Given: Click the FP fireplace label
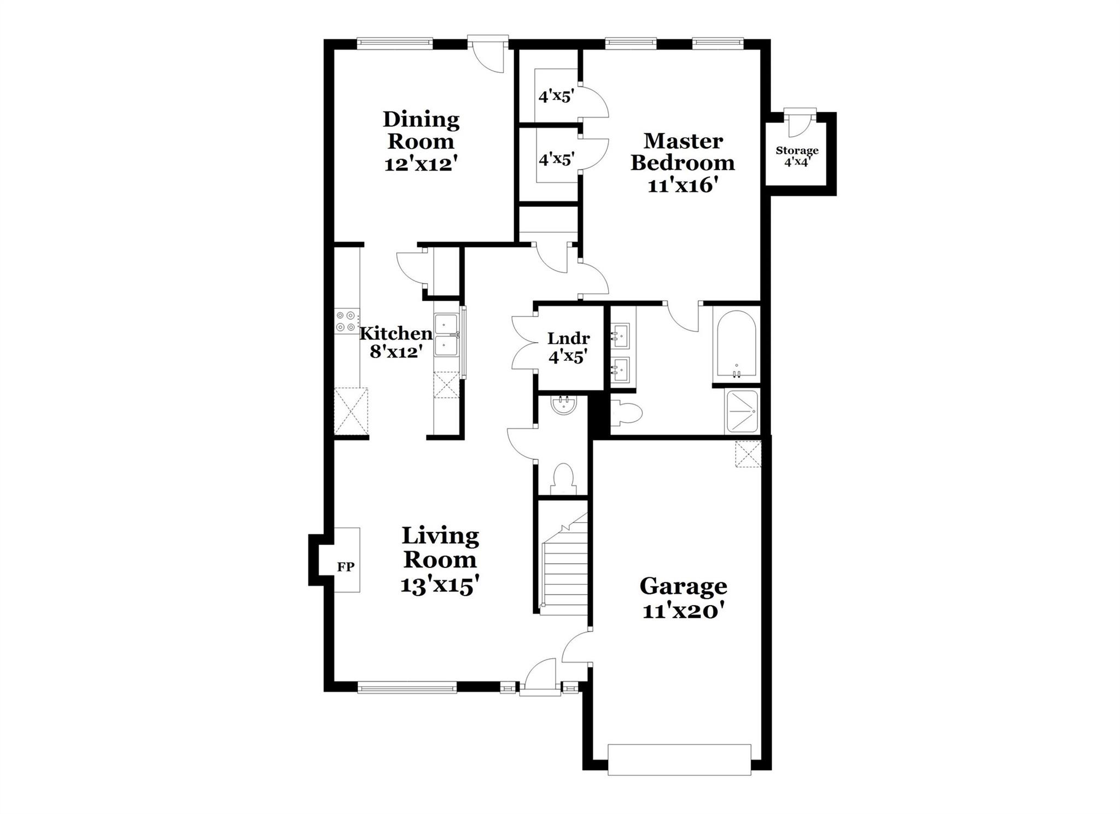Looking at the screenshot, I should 346,567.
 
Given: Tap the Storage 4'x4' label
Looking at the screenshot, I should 797,156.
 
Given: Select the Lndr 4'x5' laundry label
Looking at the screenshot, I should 568,347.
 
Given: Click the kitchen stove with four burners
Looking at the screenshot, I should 347,321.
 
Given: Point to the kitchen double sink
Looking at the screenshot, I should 446,335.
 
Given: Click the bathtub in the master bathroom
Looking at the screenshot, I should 736,345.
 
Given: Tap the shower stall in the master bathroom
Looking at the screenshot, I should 742,411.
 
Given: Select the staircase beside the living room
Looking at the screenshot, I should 564,569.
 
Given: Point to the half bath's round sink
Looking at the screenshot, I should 563,406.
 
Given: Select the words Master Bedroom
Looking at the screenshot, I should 682,152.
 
